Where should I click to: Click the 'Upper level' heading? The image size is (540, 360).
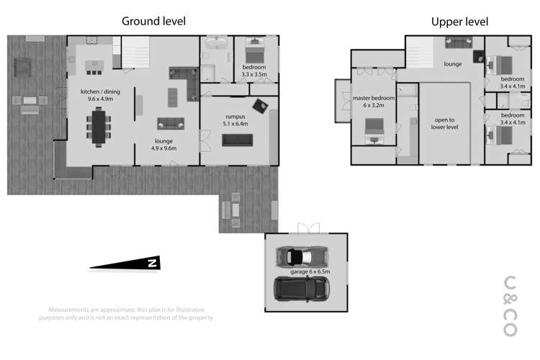pyautogui.click(x=459, y=22)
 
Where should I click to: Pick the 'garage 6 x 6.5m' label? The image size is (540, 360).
pyautogui.click(x=309, y=272)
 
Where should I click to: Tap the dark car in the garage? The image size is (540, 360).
pyautogui.click(x=302, y=289)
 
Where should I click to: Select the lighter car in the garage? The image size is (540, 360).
pyautogui.click(x=303, y=256)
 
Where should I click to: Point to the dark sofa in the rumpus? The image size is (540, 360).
pyautogui.click(x=237, y=140)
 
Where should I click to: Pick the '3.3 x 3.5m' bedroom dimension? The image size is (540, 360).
pyautogui.click(x=254, y=74)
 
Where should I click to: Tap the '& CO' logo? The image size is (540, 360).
pyautogui.click(x=510, y=306)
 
